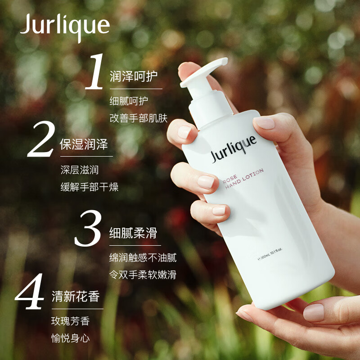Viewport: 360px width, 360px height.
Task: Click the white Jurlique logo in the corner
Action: coord(65,27)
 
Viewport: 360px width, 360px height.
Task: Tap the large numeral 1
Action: coord(94,72)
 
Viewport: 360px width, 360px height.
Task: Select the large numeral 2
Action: coord(41,139)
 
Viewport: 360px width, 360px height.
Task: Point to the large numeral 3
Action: coord(88,228)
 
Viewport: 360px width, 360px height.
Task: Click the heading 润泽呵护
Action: coord(133,76)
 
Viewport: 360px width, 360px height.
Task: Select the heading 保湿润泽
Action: coord(84,144)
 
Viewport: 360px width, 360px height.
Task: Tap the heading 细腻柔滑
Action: coord(133,233)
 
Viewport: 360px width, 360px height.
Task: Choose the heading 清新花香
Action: coord(76,296)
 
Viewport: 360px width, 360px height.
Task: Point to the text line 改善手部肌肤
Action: coord(139,118)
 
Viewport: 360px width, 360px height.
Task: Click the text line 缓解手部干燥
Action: coord(89,187)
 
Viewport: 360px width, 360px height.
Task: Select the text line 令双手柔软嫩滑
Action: coord(143,274)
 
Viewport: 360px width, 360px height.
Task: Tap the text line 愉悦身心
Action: coord(70,338)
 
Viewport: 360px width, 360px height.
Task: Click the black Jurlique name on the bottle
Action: coord(234,149)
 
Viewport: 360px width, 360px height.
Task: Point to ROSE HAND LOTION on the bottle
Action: coord(243,179)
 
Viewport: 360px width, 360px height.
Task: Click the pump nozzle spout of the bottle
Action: coord(204,72)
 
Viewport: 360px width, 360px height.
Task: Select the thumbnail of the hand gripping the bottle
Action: coord(265,123)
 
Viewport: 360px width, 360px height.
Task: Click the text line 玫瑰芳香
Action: coord(70,321)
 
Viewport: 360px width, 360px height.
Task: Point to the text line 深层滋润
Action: coord(80,170)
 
